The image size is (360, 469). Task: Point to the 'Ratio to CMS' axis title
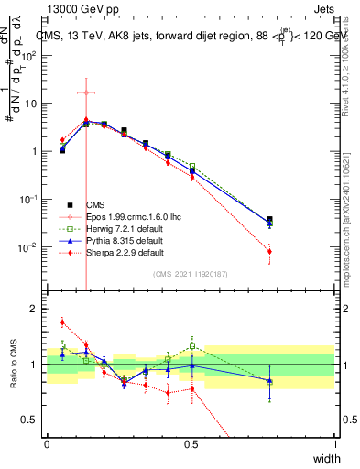pyautogui.click(x=14, y=364)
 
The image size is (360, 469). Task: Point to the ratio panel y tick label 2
pyautogui.click(x=37, y=310)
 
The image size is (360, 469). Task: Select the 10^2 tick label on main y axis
pyautogui.click(x=29, y=55)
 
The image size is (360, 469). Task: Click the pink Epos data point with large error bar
pyautogui.click(x=85, y=93)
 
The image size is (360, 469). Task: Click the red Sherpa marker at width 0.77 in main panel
pyautogui.click(x=269, y=251)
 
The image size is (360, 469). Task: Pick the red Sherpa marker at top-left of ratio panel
pyautogui.click(x=62, y=322)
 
